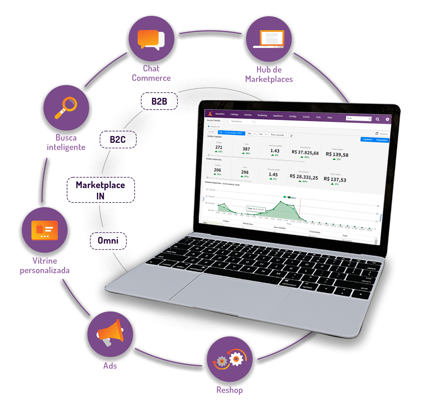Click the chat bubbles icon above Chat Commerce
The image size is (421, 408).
[x=151, y=39]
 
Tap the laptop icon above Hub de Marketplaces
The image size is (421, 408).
[x=269, y=39]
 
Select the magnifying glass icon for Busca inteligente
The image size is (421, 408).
[x=65, y=107]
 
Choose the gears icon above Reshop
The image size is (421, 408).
[x=229, y=359]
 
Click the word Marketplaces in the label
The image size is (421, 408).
[x=269, y=79]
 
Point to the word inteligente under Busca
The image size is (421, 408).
[x=66, y=147]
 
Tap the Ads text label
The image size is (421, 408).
[x=110, y=366]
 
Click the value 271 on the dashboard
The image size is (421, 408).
[x=219, y=147]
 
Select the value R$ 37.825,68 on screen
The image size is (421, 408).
[x=305, y=153]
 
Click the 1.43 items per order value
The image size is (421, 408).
[x=275, y=151]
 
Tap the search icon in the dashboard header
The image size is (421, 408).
[x=377, y=119]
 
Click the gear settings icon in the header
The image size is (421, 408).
[x=387, y=119]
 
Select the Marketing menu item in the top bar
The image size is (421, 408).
[x=262, y=115]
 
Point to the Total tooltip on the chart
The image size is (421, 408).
[x=256, y=209]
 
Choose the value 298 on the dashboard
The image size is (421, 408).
[x=245, y=172]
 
